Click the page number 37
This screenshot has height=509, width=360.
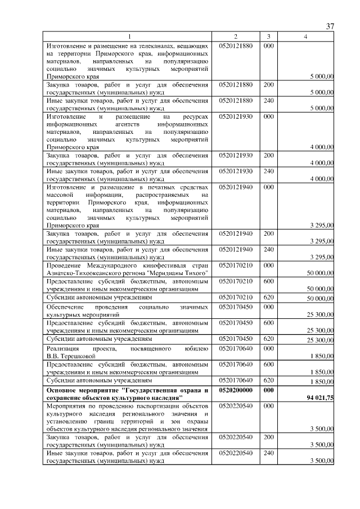(331, 26)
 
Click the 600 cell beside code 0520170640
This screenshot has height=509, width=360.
(268, 364)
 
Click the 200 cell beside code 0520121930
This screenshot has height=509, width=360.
(268, 155)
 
